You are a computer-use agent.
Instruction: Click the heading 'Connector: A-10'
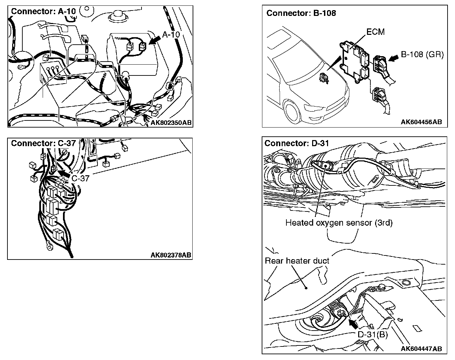coord(43,11)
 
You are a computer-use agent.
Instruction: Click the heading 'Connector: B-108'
coord(301,13)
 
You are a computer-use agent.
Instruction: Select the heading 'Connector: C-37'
coord(43,143)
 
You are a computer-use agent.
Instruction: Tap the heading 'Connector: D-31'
coord(297,143)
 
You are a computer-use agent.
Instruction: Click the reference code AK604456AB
coord(421,122)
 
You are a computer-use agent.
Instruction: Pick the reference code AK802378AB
coord(171,255)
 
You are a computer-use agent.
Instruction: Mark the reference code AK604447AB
coord(421,349)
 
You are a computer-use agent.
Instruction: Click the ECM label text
coord(375,32)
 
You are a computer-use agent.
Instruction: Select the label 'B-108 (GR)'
coord(422,54)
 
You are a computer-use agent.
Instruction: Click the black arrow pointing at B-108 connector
coord(394,58)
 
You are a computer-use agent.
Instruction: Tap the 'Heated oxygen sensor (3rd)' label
coord(339,223)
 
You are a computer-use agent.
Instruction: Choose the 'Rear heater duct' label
coord(297,261)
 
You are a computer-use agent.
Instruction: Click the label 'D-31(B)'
coord(373,335)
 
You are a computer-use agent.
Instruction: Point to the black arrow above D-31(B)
coord(353,324)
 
